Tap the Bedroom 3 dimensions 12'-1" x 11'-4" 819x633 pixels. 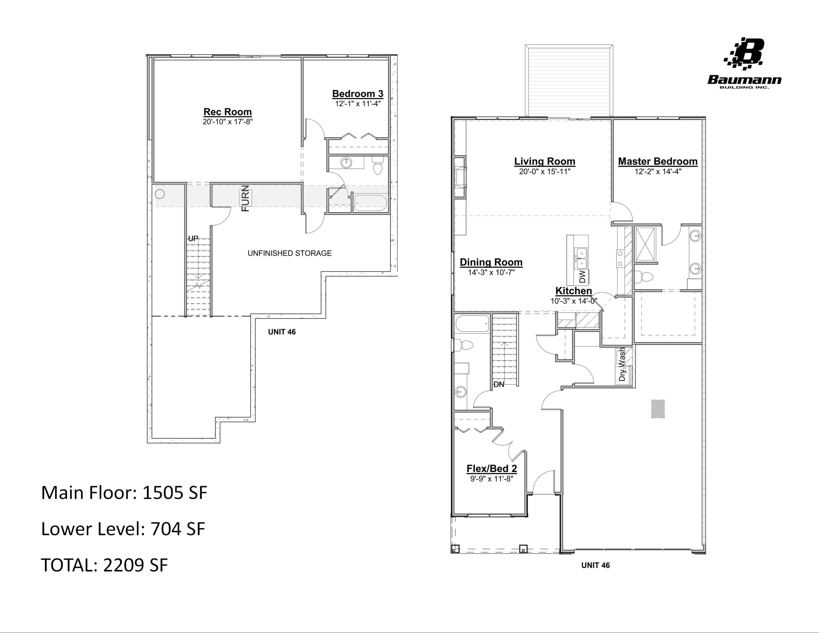tap(357, 104)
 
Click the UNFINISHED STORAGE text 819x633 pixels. tap(289, 253)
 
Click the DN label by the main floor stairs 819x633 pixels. tap(499, 384)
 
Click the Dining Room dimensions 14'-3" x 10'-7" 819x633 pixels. tap(491, 273)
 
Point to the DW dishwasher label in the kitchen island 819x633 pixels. tap(582, 277)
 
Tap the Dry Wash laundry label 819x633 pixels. tap(622, 365)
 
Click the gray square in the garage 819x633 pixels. tap(658, 409)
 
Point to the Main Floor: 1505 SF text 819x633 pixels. tap(124, 493)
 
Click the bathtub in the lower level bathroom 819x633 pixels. tap(370, 203)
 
